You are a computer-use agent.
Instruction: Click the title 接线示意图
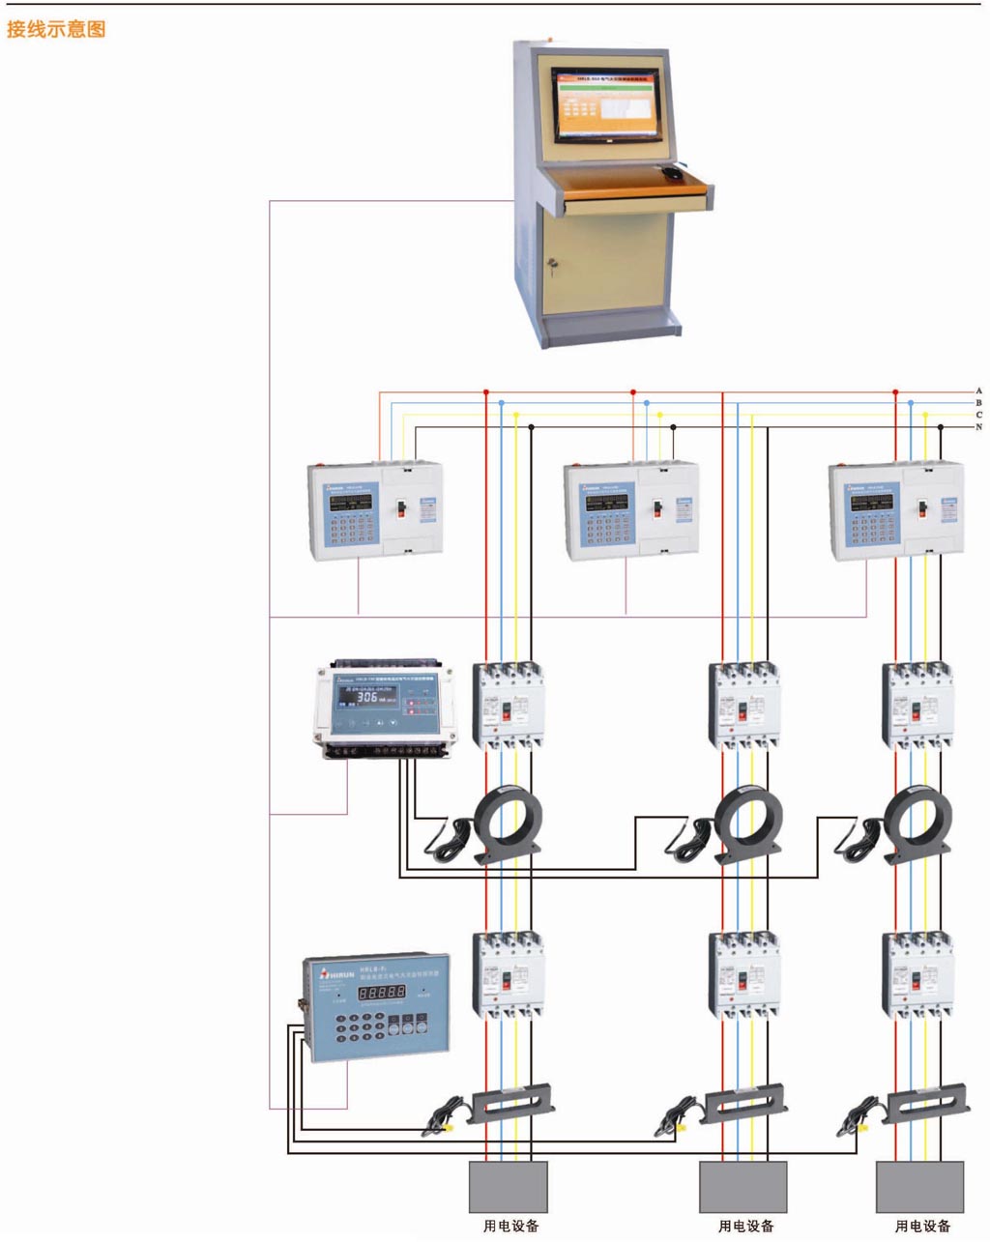tap(55, 29)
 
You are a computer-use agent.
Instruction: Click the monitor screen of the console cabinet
tap(609, 102)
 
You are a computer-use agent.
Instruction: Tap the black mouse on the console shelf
tap(671, 172)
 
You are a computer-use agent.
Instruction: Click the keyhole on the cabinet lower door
tap(553, 263)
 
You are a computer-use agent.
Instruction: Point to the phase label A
tap(978, 391)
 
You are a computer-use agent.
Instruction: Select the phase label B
tap(978, 403)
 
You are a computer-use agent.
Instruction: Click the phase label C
tap(978, 415)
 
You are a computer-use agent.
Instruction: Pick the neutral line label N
tap(978, 426)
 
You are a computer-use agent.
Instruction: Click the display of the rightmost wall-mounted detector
tap(871, 503)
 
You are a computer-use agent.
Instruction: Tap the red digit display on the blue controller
tap(381, 993)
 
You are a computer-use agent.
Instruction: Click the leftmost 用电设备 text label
tap(510, 1227)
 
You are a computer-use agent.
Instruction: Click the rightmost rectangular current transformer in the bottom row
tap(928, 1103)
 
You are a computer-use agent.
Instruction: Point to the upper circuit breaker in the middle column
tap(743, 705)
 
